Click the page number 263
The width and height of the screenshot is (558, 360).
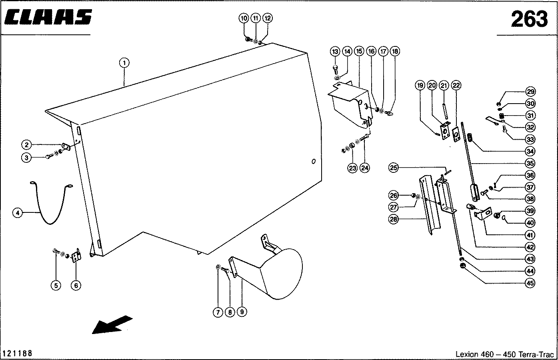[x=529, y=19]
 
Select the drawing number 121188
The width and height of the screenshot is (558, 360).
[x=18, y=354]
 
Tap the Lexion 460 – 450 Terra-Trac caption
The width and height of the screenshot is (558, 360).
[x=504, y=354]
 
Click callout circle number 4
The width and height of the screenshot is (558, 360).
[x=18, y=213]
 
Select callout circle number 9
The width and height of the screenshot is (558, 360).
[x=242, y=312]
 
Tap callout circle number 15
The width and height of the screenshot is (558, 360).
[x=358, y=51]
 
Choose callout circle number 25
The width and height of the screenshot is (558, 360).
[x=394, y=168]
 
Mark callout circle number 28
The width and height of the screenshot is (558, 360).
[x=394, y=219]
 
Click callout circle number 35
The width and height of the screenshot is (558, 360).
[x=530, y=163]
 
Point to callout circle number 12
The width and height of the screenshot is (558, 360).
[x=268, y=18]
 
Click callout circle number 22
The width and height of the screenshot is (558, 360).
[x=456, y=85]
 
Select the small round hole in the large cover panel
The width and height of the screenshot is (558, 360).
[x=313, y=162]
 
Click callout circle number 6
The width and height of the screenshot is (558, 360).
[x=76, y=285]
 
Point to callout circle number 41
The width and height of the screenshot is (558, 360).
[x=530, y=235]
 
